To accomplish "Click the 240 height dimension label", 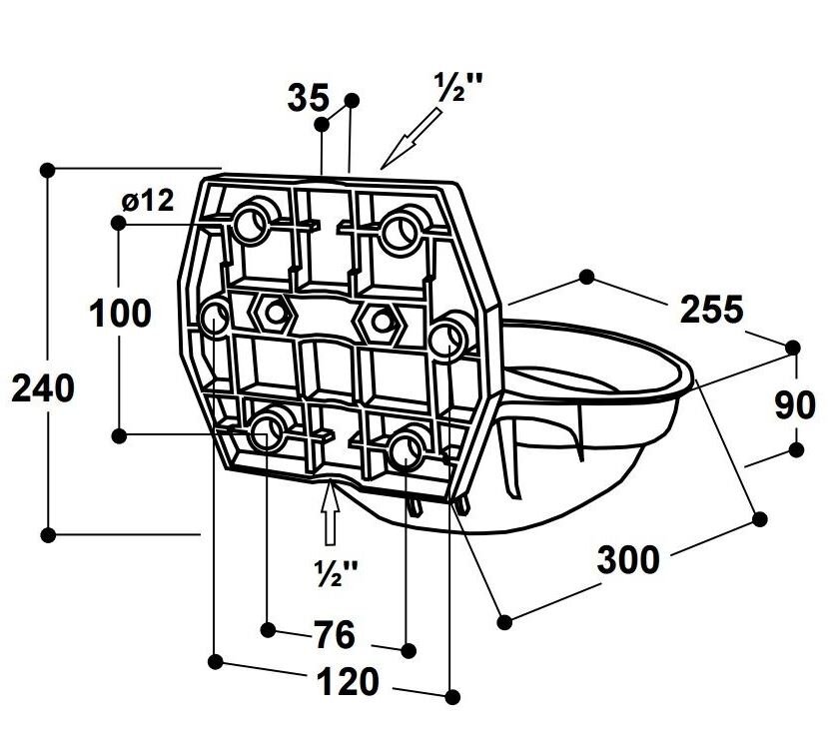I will (43, 388).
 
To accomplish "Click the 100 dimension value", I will (120, 314).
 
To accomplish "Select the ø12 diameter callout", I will (147, 201).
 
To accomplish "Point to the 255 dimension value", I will (711, 310).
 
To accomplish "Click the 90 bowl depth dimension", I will (796, 405).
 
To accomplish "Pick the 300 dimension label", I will (628, 560).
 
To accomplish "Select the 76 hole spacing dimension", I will (334, 634).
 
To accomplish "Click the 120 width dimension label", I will (348, 683).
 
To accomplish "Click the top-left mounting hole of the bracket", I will (254, 221).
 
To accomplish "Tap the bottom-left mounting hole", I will (267, 431).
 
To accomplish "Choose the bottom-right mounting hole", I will (406, 448).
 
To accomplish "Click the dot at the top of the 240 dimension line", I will (46, 170).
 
